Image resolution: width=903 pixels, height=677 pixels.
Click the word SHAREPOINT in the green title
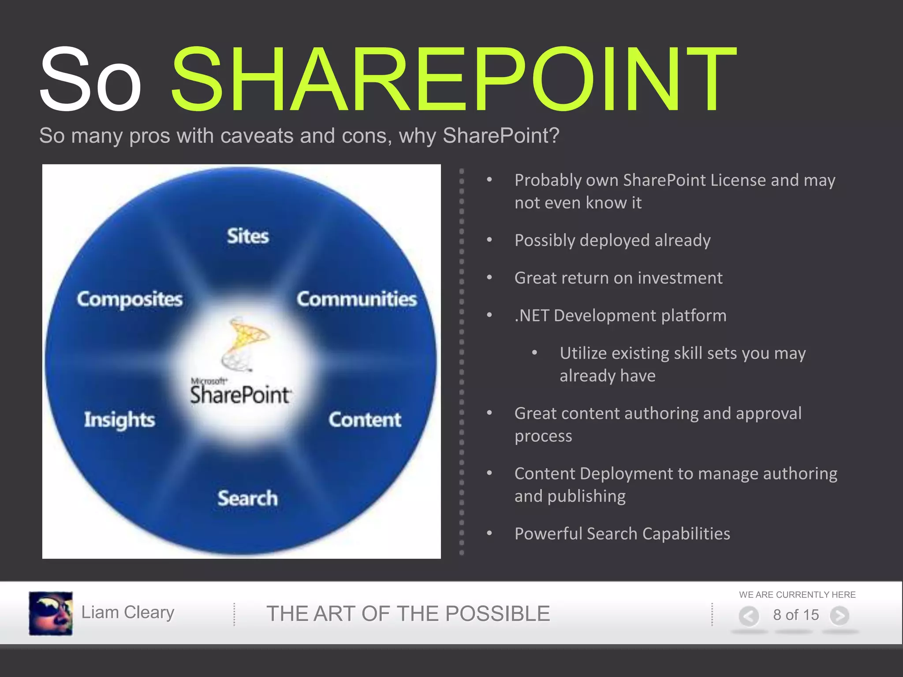453,79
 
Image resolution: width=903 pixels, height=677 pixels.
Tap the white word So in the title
90,79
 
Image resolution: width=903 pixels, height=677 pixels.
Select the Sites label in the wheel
248,236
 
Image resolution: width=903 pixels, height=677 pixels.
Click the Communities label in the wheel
356,299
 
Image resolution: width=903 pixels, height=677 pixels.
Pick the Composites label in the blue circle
130,299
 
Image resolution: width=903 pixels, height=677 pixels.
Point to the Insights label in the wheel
119,420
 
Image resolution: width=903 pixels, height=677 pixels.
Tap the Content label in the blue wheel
365,420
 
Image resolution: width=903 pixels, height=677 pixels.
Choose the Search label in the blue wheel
247,498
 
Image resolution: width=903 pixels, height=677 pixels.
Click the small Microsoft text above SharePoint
209,381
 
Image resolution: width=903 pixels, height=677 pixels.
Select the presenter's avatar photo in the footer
51,613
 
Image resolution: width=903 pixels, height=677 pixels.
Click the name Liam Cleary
128,612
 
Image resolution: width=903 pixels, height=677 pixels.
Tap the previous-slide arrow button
749,616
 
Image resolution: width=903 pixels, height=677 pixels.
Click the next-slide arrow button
840,616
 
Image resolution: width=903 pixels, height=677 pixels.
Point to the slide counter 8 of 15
795,615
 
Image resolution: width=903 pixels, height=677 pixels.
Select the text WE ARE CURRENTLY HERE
797,595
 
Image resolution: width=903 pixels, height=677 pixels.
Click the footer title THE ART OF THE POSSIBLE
408,614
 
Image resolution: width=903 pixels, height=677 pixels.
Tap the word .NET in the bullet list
532,316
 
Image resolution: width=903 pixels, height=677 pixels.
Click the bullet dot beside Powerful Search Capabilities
489,533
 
